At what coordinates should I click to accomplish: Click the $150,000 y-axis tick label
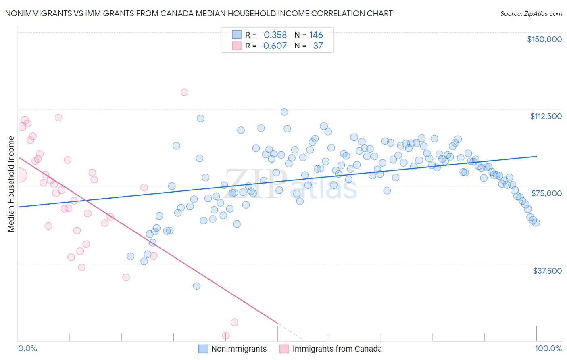544,39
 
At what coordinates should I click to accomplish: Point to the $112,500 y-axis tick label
546,116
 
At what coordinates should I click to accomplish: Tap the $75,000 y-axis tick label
546,193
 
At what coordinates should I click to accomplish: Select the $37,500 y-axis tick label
547,271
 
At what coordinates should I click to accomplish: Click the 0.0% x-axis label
28,348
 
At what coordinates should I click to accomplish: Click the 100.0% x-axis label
548,348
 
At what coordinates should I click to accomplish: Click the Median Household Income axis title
11,184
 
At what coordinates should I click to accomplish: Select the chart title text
199,13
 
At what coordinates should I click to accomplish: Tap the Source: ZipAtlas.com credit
531,14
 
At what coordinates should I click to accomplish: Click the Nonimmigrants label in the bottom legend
239,349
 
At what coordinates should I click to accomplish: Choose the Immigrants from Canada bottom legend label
337,349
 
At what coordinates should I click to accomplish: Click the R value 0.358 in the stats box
275,35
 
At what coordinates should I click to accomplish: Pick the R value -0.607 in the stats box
273,46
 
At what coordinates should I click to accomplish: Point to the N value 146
316,35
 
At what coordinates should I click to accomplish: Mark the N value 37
318,46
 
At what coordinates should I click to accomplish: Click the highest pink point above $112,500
184,92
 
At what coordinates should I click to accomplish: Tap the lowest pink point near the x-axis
226,335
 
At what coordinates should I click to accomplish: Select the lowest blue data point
196,286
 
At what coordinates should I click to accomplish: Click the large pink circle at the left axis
19,175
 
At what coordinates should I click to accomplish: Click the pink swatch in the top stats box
237,46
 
